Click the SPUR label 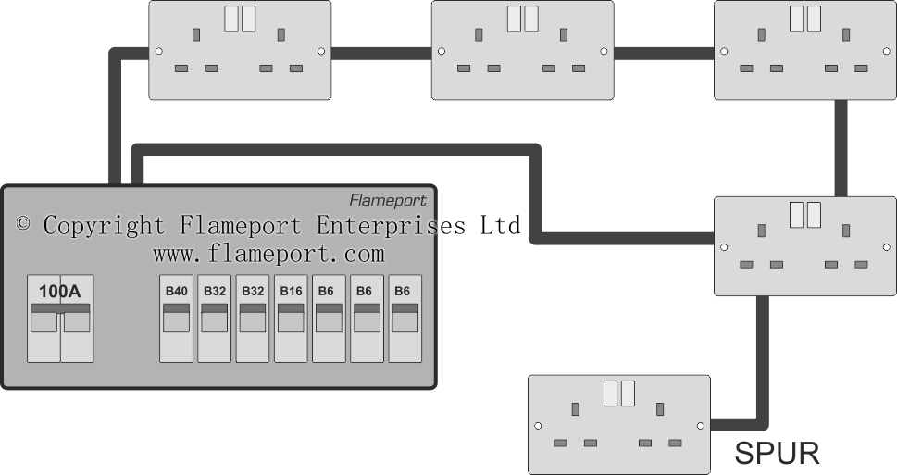click(777, 454)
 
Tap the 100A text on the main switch click(59, 292)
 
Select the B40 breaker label click(176, 291)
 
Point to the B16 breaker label click(291, 291)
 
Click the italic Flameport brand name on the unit click(387, 200)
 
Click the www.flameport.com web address click(268, 253)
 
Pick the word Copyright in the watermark click(105, 225)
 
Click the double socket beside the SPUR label click(618, 424)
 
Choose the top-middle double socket click(522, 50)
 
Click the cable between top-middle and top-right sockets click(664, 54)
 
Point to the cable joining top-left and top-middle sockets click(381, 54)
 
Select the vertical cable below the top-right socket click(841, 147)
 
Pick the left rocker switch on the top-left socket click(231, 20)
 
